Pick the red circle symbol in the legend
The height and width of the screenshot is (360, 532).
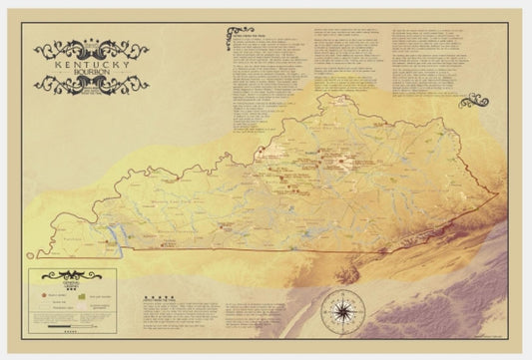pyautogui.click(x=43, y=296)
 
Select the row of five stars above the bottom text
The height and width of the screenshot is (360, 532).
pyautogui.click(x=159, y=296)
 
